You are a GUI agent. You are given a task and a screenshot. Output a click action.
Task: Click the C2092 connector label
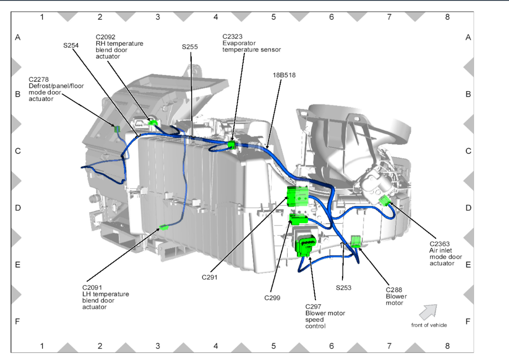(105, 37)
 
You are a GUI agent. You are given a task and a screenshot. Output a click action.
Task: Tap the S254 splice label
(71, 45)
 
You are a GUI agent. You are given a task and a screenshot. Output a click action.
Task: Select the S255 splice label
(190, 47)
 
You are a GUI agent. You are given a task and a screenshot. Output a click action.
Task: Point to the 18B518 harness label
(284, 75)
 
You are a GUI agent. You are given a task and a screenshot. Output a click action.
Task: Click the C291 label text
(210, 277)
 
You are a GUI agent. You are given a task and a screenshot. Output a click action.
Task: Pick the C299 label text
(272, 298)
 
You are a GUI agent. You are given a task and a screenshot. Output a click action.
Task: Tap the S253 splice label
(343, 288)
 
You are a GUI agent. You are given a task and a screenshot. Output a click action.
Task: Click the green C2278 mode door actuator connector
(117, 129)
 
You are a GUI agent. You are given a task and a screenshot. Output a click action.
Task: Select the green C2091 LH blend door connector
(164, 227)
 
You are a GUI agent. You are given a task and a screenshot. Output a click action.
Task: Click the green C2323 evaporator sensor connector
(231, 145)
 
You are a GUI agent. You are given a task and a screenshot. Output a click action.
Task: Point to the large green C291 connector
(297, 196)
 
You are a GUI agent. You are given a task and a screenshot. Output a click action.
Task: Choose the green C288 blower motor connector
(356, 242)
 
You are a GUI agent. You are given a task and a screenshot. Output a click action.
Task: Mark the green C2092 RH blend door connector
(152, 123)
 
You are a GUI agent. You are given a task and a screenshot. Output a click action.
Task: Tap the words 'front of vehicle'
(429, 325)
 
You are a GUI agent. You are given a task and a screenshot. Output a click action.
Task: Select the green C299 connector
(298, 219)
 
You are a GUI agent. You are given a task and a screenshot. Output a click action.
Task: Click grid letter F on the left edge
(17, 321)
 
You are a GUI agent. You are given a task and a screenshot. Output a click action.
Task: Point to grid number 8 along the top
(447, 17)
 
